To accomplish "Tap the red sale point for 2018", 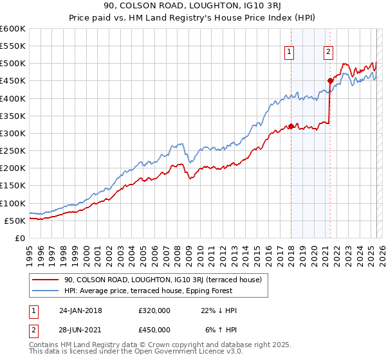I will tap(291, 126).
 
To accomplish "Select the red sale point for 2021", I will tap(330, 81).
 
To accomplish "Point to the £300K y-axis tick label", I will tap(12, 133).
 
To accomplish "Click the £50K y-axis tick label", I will tap(15, 221).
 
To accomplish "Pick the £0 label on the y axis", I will tap(20, 238).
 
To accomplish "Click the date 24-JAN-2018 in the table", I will tap(80, 310).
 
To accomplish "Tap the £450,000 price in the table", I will tap(154, 330).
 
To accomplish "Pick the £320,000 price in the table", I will tap(154, 310).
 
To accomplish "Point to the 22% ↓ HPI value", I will tap(219, 310).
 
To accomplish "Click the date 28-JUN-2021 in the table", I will tap(80, 330).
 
